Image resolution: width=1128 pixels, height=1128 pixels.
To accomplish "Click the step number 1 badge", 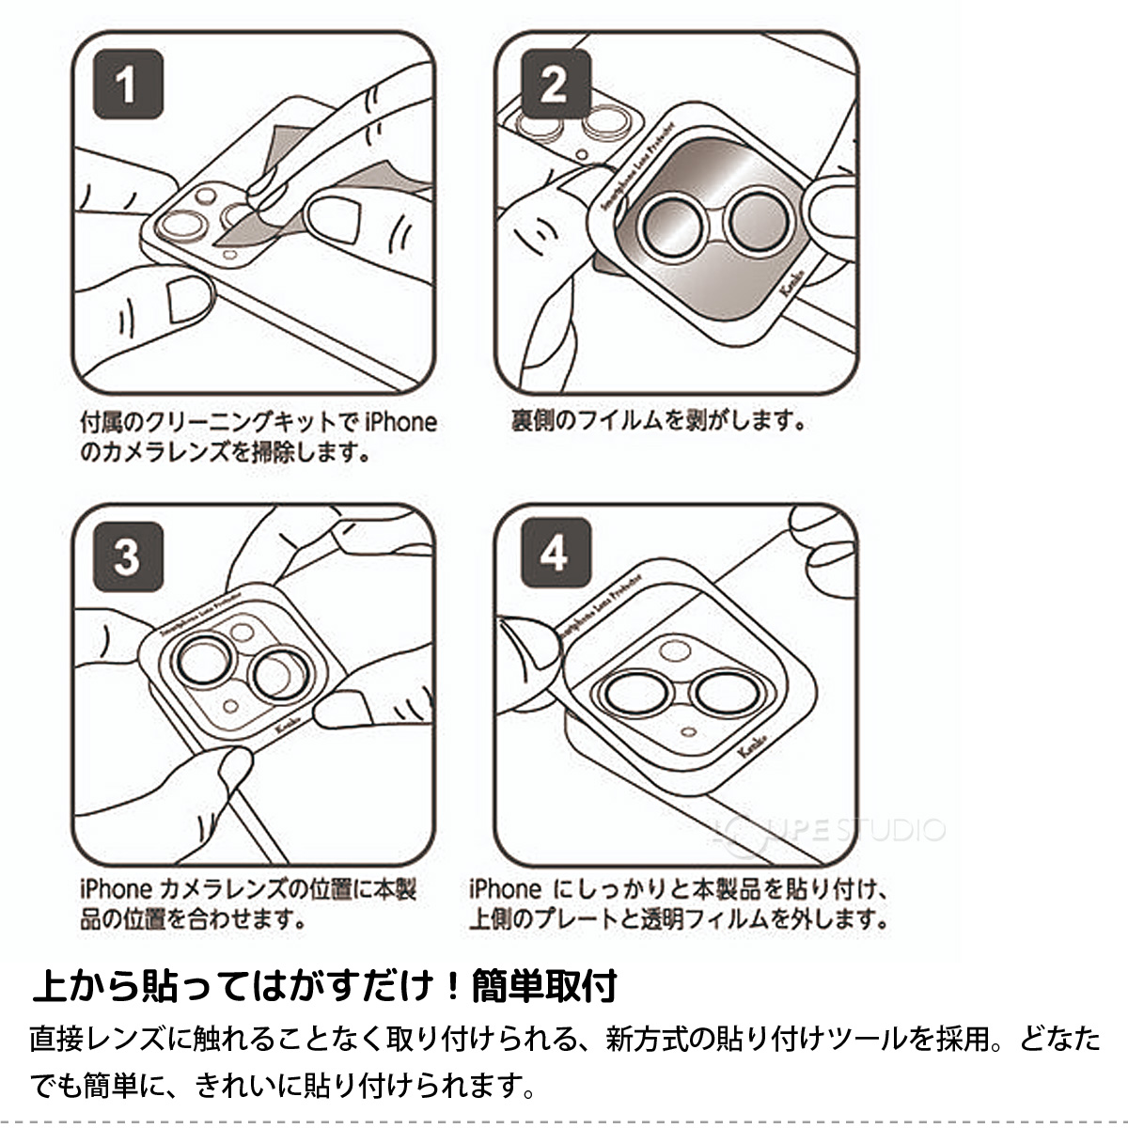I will [128, 86].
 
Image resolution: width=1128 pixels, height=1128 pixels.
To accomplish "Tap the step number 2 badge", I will [553, 86].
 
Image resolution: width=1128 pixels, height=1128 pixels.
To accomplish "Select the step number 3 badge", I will [128, 556].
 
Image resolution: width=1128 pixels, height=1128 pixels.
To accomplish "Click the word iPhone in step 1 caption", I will [400, 422].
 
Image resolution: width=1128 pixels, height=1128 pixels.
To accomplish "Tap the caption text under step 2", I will [658, 420].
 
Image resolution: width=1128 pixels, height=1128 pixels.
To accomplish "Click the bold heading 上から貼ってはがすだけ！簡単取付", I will [324, 986].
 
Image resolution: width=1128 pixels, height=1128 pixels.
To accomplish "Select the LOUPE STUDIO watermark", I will [827, 829].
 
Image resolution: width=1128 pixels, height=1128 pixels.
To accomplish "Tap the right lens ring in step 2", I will [759, 222].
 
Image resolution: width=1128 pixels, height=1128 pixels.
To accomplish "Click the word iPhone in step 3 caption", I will [116, 889].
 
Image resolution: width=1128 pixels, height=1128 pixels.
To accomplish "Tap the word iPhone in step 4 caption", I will [505, 889].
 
